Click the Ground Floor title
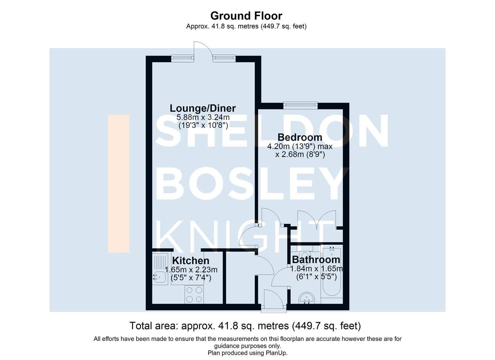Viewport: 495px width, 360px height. click(x=246, y=16)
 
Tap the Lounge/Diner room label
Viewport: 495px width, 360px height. click(x=203, y=108)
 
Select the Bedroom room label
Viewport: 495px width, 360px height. click(x=300, y=137)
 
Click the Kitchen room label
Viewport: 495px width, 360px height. click(x=191, y=261)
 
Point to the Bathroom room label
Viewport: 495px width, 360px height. click(x=316, y=259)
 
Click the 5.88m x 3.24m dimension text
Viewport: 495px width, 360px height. click(x=203, y=117)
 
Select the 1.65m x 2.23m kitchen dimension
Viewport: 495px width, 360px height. click(x=191, y=269)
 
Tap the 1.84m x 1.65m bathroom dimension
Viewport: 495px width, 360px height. click(x=316, y=269)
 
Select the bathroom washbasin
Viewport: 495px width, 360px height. click(x=307, y=298)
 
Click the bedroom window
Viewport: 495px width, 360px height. click(x=300, y=105)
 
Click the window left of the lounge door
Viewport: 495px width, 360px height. click(x=182, y=58)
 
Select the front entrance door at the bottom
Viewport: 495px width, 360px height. click(x=273, y=302)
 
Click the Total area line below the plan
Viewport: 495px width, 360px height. click(x=245, y=325)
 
